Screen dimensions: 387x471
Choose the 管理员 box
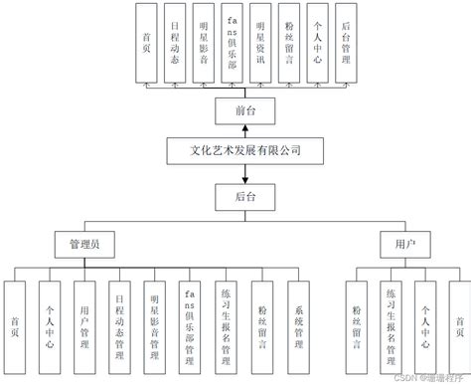(83, 242)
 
